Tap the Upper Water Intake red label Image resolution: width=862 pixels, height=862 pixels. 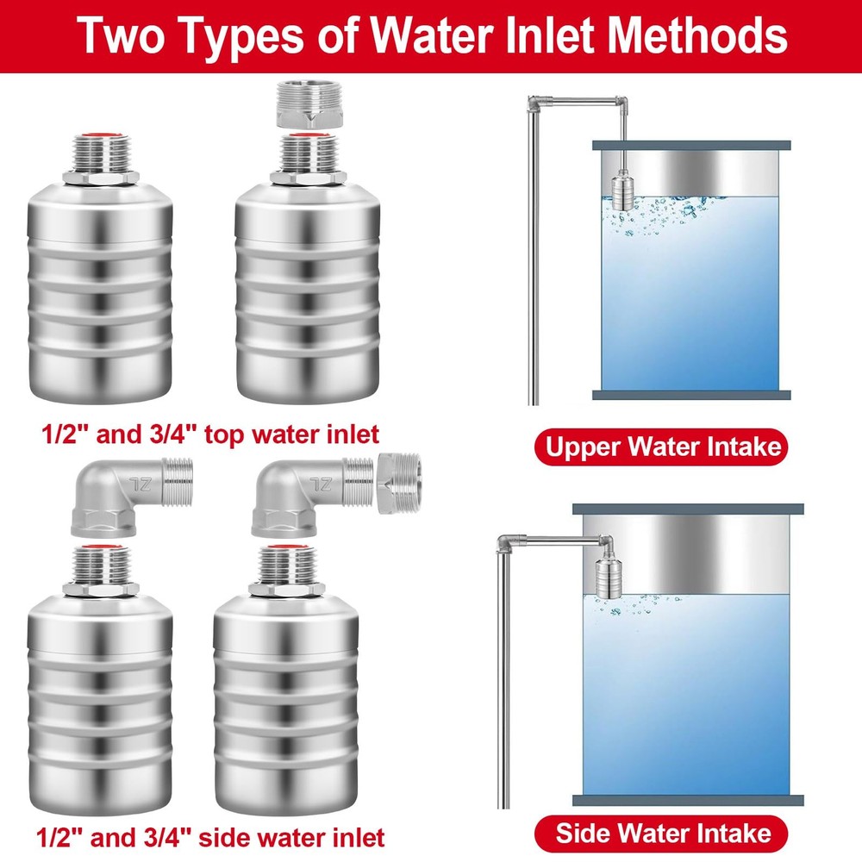(x=663, y=447)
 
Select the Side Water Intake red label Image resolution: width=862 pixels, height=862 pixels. (x=663, y=834)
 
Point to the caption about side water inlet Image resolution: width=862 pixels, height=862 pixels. (x=211, y=837)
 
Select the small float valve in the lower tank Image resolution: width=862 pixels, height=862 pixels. (x=605, y=574)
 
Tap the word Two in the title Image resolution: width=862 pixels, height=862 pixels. (x=120, y=35)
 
